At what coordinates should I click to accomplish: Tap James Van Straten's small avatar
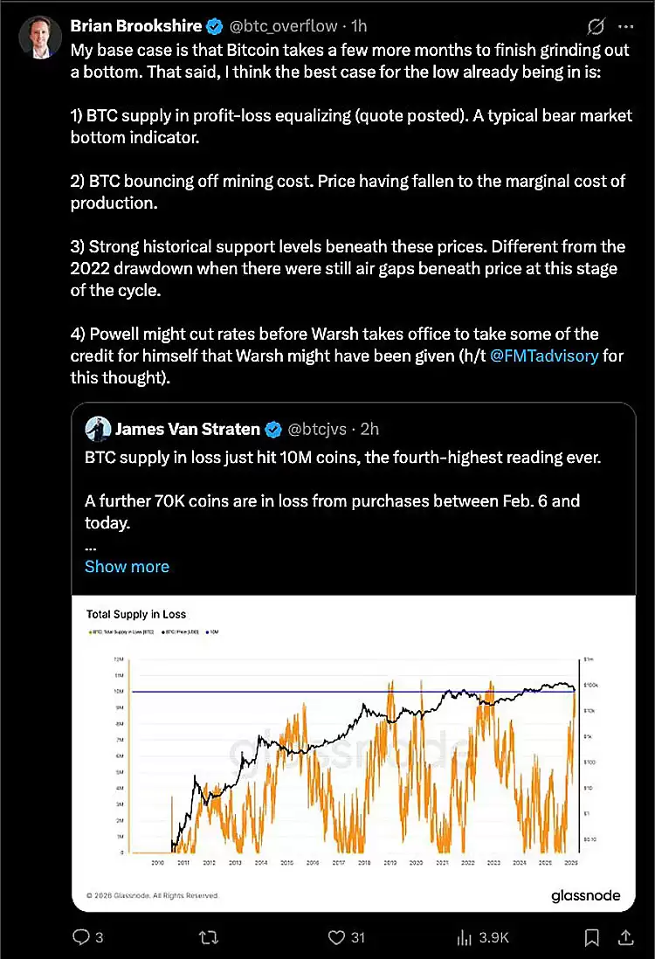97,428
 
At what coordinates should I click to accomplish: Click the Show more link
127,566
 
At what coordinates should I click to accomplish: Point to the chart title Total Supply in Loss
135,614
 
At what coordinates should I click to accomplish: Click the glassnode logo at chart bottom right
585,895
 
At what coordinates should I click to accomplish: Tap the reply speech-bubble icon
80,937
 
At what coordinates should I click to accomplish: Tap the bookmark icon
592,937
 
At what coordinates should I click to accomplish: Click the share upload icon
625,937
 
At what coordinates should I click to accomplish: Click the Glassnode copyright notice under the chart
152,895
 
